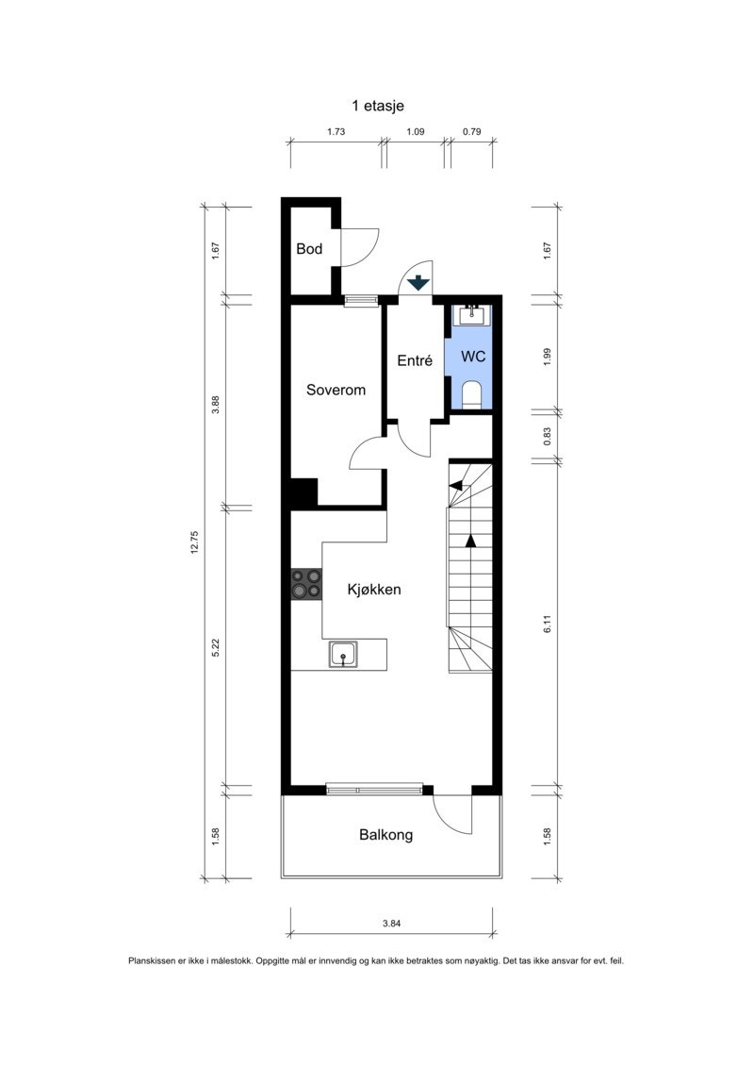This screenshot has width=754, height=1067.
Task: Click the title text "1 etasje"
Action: (x=377, y=107)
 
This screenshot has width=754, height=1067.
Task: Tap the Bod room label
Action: (x=309, y=249)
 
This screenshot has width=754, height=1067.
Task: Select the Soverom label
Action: (x=336, y=390)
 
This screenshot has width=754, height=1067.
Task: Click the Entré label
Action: (x=414, y=359)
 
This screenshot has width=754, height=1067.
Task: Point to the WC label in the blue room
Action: (x=472, y=357)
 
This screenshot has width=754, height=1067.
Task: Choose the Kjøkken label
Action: (x=374, y=590)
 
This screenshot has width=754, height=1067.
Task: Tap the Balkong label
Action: (x=385, y=835)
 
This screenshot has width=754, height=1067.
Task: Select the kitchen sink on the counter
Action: (x=343, y=652)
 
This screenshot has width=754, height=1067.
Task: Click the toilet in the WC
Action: (x=472, y=394)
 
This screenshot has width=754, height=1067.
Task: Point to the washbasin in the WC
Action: (x=472, y=314)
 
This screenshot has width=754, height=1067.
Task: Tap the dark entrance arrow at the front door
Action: (x=417, y=282)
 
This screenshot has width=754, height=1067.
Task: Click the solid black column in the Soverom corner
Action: (x=303, y=493)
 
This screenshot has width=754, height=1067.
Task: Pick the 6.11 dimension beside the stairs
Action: (x=547, y=624)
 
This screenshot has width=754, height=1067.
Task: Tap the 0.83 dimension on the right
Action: (x=547, y=437)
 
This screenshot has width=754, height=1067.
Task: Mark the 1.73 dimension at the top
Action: (x=336, y=132)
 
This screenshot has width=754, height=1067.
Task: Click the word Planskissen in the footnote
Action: (x=154, y=961)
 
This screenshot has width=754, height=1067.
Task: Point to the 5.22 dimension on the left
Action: (x=216, y=647)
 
